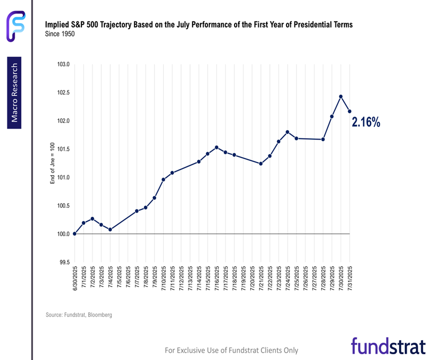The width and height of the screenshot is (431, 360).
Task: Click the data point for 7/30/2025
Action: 341,97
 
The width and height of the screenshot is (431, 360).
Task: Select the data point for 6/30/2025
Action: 75,234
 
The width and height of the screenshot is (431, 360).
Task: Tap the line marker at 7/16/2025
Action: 216,147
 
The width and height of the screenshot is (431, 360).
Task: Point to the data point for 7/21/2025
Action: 261,164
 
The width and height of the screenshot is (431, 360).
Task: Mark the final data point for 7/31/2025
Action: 350,111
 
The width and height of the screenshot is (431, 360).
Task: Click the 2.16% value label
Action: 366,122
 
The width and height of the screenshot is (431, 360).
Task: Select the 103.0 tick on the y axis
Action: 63,65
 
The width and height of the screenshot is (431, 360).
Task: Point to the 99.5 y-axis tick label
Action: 63,262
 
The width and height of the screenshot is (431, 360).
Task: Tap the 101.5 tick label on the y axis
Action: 63,150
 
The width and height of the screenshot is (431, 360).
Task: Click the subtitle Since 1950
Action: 60,33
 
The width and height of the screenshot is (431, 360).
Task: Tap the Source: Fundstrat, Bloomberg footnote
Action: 79,315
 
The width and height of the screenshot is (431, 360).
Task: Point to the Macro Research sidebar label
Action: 15,93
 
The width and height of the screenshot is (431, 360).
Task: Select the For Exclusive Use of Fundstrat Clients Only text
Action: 232,350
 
